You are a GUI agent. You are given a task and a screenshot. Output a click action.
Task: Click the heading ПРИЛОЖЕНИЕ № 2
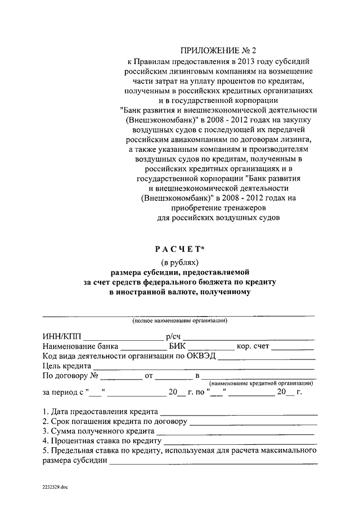(217, 51)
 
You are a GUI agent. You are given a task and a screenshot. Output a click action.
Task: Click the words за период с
(62, 392)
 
